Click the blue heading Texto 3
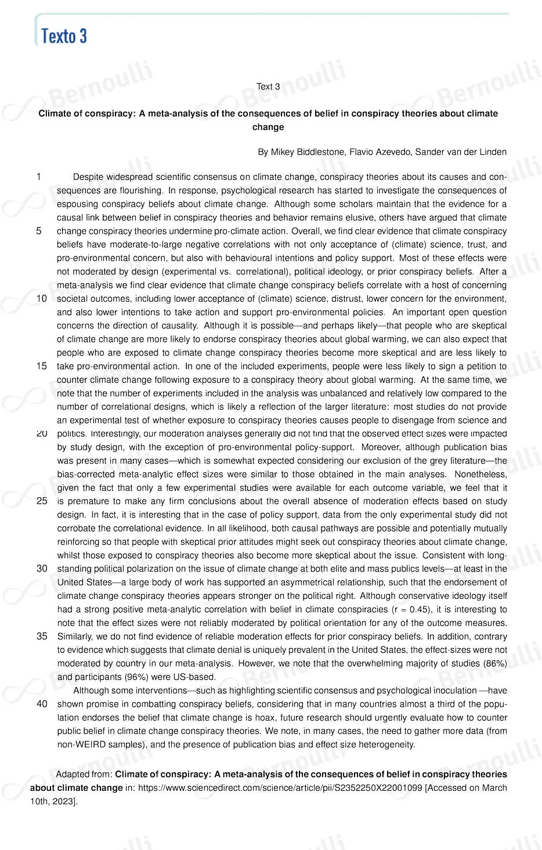64,36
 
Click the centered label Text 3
268,86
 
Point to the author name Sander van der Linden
461,152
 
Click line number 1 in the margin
39,176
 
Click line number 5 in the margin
39,231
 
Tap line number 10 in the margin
42,298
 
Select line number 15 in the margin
42,366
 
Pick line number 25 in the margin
42,501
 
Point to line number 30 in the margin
42,569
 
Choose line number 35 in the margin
42,636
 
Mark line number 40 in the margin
42,704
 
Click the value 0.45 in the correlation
420,609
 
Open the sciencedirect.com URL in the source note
280,788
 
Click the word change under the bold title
268,127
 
